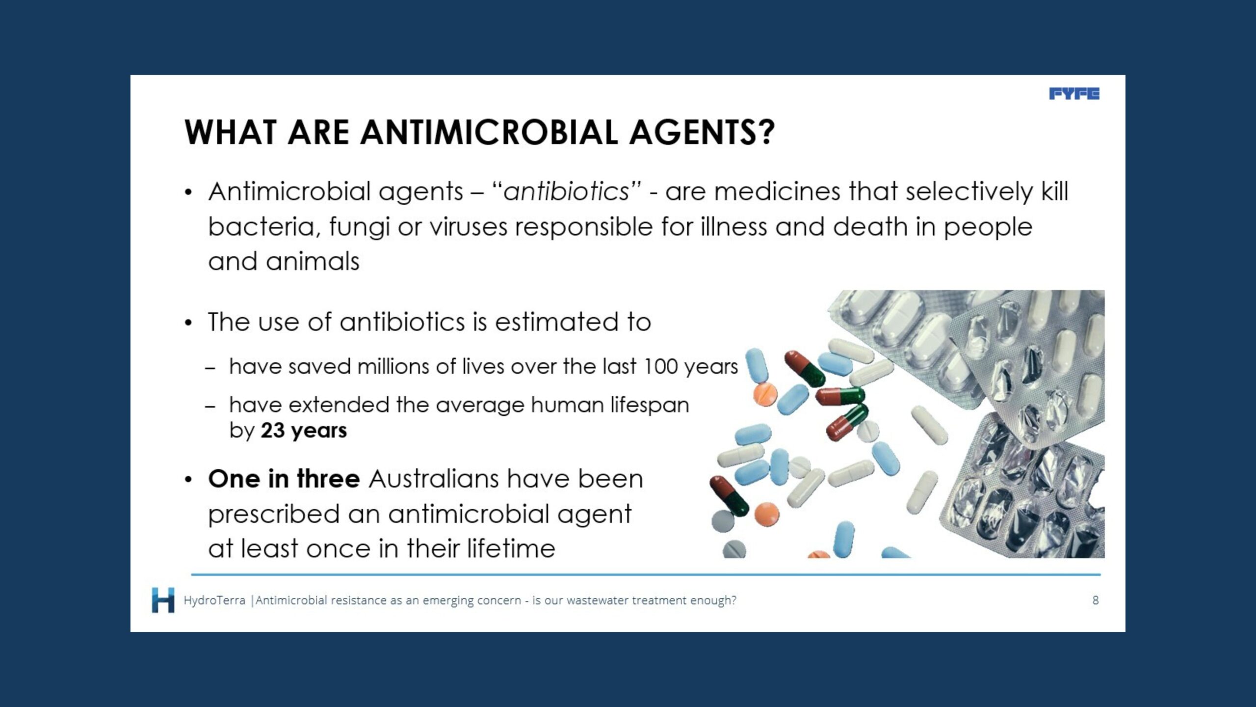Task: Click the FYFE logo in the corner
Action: click(1074, 94)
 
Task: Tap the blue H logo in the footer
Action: click(163, 599)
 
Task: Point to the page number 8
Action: click(1095, 600)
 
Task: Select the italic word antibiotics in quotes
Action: click(566, 191)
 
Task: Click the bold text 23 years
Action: click(304, 431)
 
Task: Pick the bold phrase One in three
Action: click(284, 479)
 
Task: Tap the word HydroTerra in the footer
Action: click(214, 600)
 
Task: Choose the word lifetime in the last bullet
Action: click(511, 548)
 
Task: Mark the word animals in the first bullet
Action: click(313, 261)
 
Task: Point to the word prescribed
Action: click(274, 514)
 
